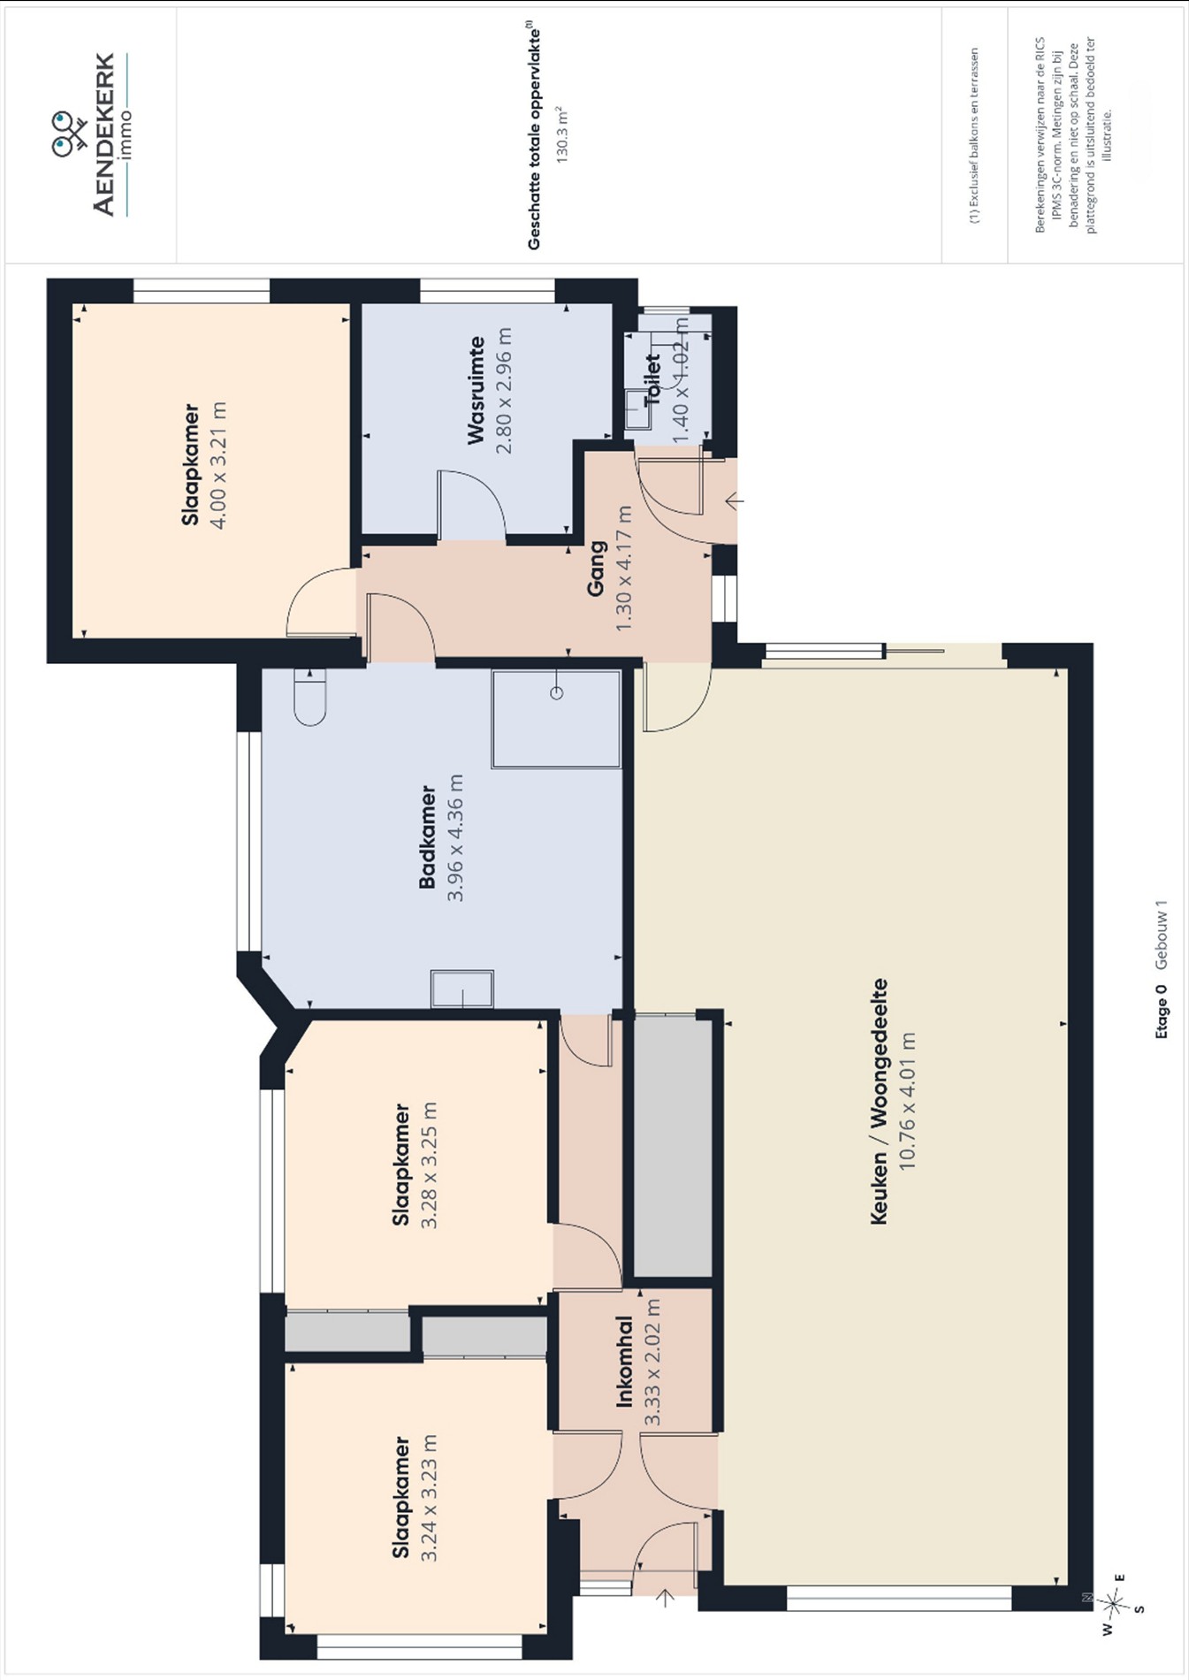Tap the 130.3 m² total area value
click(x=560, y=134)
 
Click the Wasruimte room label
click(x=476, y=390)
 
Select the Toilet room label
click(x=652, y=380)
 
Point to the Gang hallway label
click(x=597, y=569)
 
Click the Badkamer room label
click(x=428, y=836)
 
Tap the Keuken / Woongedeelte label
click(x=879, y=1101)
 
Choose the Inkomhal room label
click(x=625, y=1362)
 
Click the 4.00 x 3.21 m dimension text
click(x=217, y=465)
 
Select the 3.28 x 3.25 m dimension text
click(x=430, y=1166)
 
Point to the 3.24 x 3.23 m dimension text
click(x=430, y=1498)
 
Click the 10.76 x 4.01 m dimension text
click(x=907, y=1101)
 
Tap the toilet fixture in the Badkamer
click(x=309, y=697)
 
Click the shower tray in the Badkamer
click(x=556, y=719)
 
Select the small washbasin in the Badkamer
click(x=462, y=989)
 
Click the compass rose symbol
click(x=1114, y=1601)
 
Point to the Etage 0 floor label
click(x=1162, y=1011)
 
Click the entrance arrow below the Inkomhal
click(x=666, y=1597)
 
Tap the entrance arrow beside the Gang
click(x=734, y=501)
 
